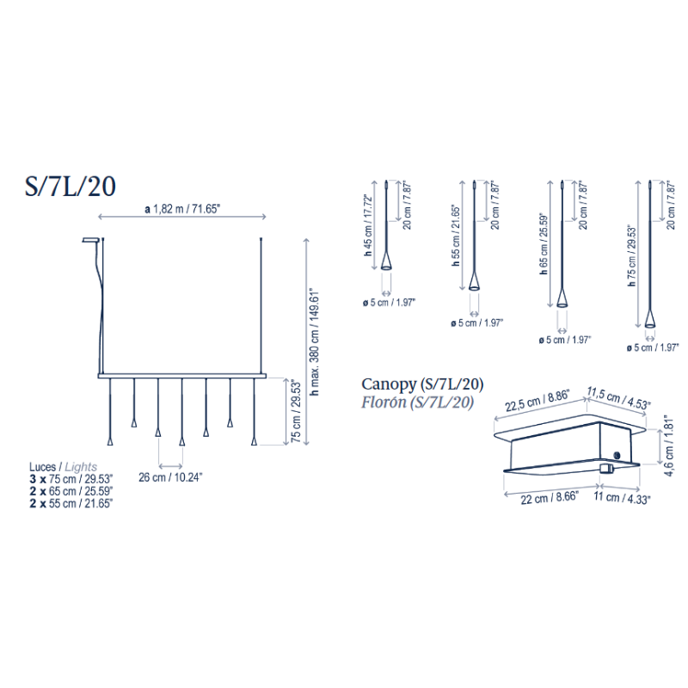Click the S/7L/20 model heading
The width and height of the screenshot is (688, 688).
[x=71, y=186]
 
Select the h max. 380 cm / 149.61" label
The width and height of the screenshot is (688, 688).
[x=315, y=342]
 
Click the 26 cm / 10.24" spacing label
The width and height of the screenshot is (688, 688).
[x=170, y=477]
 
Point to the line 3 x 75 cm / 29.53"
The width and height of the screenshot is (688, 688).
[x=71, y=479]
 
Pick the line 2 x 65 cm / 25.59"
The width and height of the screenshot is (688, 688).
[x=71, y=491]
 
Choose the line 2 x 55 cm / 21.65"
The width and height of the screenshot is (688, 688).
[x=71, y=503]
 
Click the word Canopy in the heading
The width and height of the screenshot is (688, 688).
[x=389, y=384]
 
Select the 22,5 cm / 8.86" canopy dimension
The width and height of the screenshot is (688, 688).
[x=537, y=401]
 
